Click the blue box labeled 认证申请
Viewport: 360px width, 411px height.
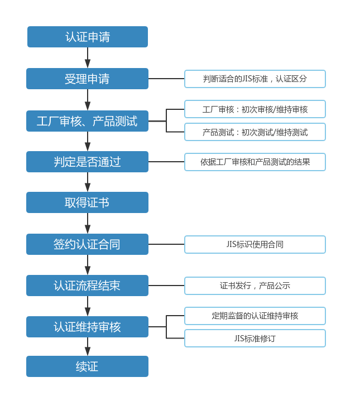pyautogui.click(x=88, y=37)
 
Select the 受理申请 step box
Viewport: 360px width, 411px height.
pyautogui.click(x=88, y=79)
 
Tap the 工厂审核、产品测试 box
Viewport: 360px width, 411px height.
pyautogui.click(x=88, y=121)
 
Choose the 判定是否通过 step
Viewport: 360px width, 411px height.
pyautogui.click(x=88, y=162)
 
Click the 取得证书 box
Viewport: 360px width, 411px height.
pyautogui.click(x=88, y=202)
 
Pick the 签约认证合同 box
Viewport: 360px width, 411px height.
pyautogui.click(x=88, y=244)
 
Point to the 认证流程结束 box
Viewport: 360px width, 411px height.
pyautogui.click(x=88, y=286)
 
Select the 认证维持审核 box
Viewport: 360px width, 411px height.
pyautogui.click(x=88, y=327)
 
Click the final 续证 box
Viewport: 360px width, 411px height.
pyautogui.click(x=88, y=366)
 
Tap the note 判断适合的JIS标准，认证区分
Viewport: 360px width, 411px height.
pyautogui.click(x=255, y=79)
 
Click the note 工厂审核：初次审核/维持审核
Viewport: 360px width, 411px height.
pyautogui.click(x=255, y=109)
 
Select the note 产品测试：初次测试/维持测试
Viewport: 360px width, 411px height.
pyautogui.click(x=255, y=132)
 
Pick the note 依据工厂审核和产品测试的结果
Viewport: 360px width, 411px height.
pyautogui.click(x=255, y=162)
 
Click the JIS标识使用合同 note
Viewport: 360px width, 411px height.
pyautogui.click(x=255, y=244)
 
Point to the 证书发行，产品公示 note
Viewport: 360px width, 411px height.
pyautogui.click(x=255, y=286)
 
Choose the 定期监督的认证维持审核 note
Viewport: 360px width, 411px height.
pyautogui.click(x=255, y=316)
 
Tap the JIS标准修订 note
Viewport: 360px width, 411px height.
pyautogui.click(x=255, y=339)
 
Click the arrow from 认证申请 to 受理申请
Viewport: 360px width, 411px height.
pyautogui.click(x=88, y=57)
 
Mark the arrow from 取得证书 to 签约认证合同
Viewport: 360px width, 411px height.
pyautogui.click(x=88, y=223)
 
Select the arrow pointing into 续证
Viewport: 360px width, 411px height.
pyautogui.click(x=88, y=346)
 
